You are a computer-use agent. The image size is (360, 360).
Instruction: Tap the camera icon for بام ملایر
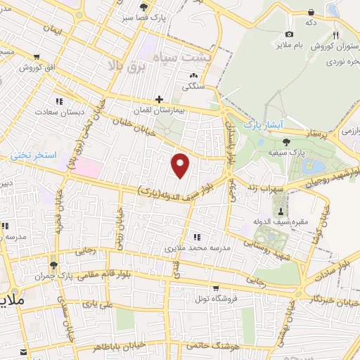click(x=289, y=34)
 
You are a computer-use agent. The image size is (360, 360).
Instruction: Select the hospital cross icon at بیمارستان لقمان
click(x=160, y=100)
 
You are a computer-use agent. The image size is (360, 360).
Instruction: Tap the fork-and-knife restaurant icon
click(x=336, y=35)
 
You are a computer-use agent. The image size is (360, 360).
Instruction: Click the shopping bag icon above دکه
click(x=310, y=11)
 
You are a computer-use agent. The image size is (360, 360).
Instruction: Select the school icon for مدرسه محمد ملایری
click(x=196, y=237)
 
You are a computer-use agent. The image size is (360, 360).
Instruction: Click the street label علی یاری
click(x=97, y=304)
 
